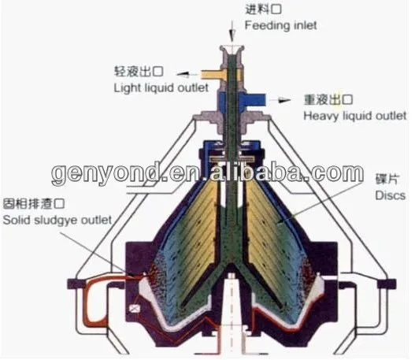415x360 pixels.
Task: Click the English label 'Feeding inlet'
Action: click(x=281, y=25)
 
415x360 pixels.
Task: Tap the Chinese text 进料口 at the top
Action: click(x=263, y=9)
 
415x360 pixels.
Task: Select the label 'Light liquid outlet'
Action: click(x=161, y=88)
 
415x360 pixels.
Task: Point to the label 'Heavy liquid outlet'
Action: click(x=354, y=116)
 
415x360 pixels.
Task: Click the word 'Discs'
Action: click(x=390, y=195)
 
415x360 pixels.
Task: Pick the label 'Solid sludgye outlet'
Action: click(x=57, y=221)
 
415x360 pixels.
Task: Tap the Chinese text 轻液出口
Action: click(x=139, y=72)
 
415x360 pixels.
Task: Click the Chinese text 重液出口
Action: click(x=328, y=100)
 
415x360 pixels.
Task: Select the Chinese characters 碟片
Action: click(x=387, y=179)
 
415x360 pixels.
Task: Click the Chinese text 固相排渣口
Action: click(x=34, y=204)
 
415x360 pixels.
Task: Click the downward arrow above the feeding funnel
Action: click(x=232, y=32)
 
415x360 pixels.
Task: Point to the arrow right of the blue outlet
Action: click(x=280, y=100)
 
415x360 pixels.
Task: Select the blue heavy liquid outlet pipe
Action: click(x=252, y=100)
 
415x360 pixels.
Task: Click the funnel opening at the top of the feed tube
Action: click(x=232, y=49)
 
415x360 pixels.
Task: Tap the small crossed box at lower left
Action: click(x=135, y=308)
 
